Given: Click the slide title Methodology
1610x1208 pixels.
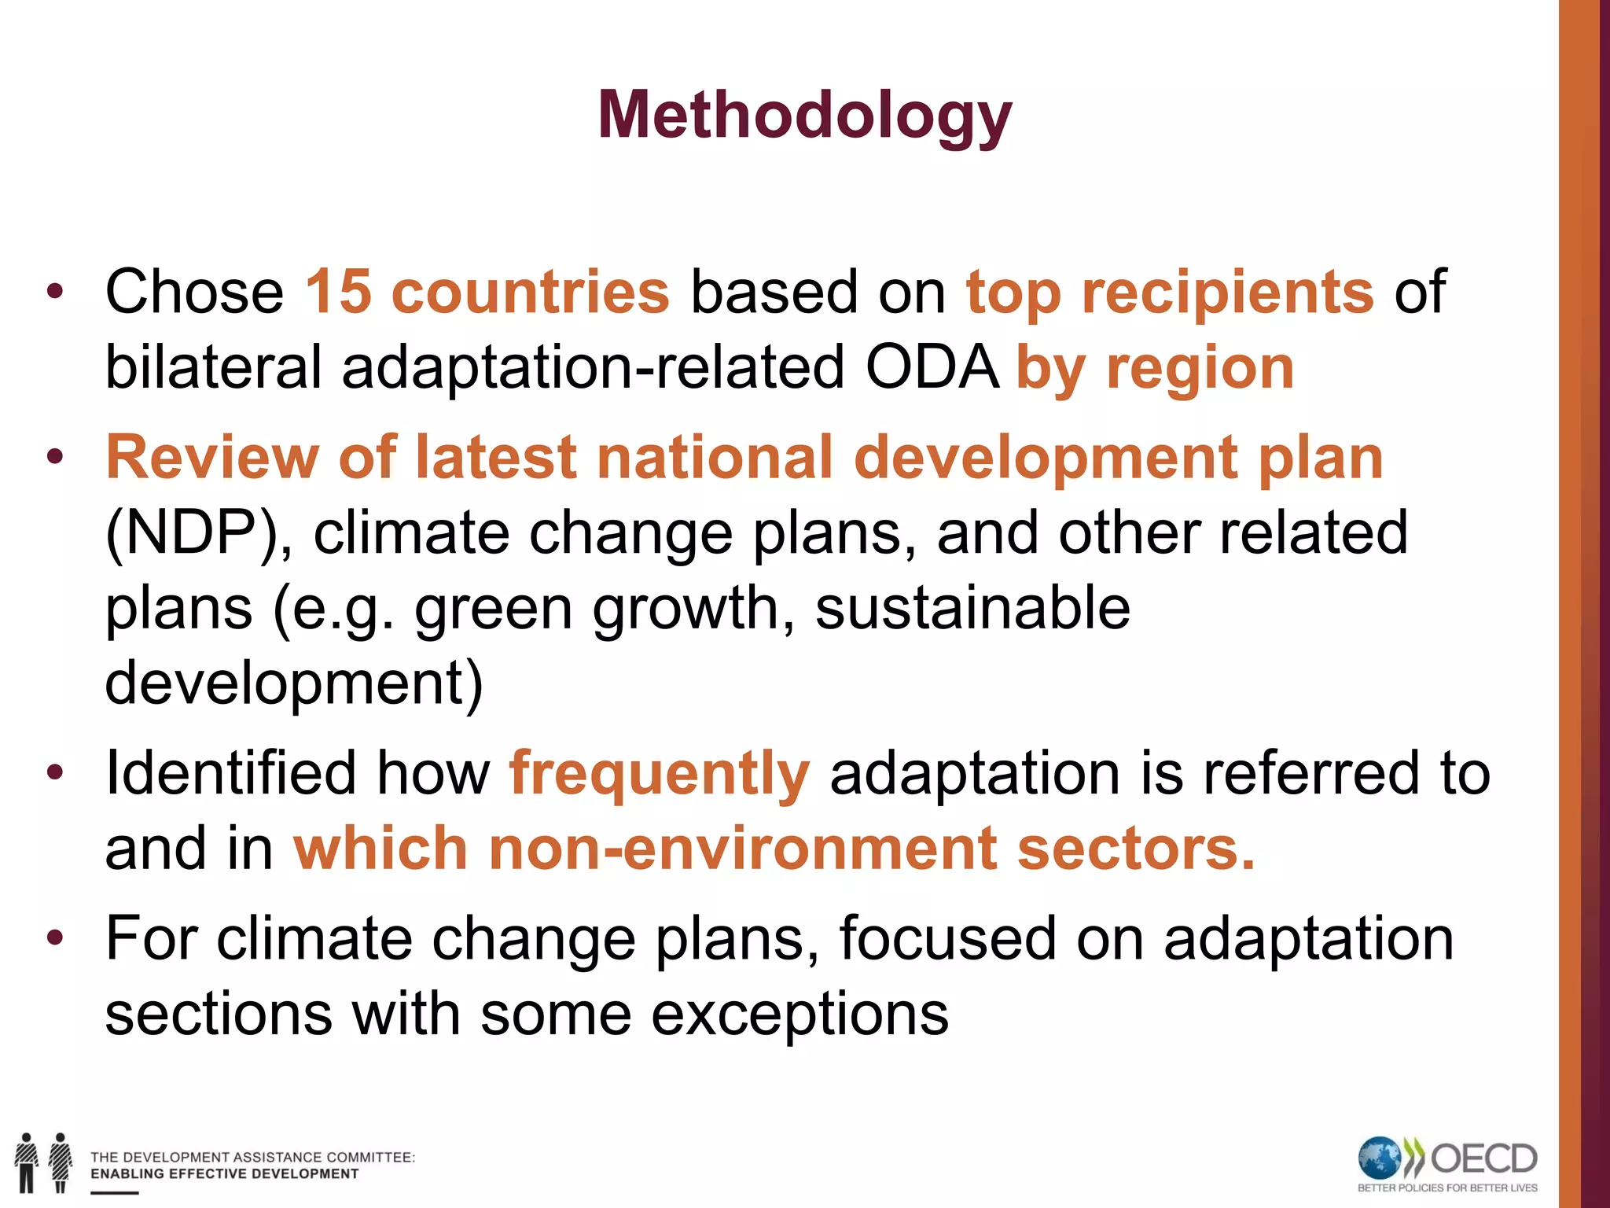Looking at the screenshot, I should [804, 116].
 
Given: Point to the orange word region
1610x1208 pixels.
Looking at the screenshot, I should [1200, 368].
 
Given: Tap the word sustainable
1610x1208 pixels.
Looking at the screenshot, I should [972, 608].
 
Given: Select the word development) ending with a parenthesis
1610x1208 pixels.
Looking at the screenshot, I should [294, 683].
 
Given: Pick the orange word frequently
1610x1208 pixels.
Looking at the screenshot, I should [659, 773].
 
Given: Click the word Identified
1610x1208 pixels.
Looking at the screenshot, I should [230, 773].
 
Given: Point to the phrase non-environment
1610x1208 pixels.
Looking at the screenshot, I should [743, 849].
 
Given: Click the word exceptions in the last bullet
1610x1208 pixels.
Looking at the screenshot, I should [799, 1015].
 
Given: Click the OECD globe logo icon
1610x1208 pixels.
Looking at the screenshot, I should [1380, 1158].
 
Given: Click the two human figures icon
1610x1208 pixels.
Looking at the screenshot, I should [44, 1162].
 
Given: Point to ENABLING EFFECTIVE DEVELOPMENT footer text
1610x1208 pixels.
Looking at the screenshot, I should [224, 1174].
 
